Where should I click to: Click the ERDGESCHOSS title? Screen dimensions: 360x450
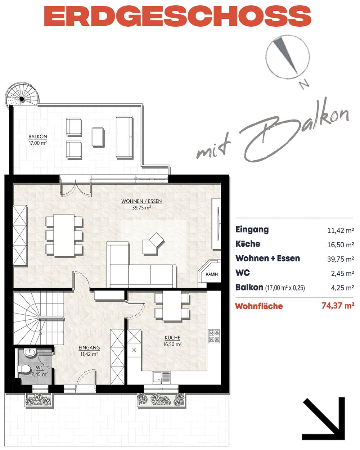pyautogui.click(x=177, y=16)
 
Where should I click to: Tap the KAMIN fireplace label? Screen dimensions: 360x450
pyautogui.click(x=212, y=274)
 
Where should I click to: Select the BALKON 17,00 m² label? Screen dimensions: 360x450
pyautogui.click(x=38, y=140)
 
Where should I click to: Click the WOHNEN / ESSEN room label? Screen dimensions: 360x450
pyautogui.click(x=141, y=201)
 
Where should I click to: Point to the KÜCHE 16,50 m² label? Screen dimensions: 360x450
pyautogui.click(x=172, y=341)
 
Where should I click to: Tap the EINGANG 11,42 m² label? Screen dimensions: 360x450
pyautogui.click(x=89, y=351)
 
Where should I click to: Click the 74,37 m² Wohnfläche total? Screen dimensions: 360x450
pyautogui.click(x=338, y=306)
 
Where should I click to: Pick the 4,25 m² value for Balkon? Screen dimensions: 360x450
pyautogui.click(x=342, y=288)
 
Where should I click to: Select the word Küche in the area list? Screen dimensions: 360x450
pyautogui.click(x=248, y=244)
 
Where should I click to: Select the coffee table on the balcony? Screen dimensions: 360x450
pyautogui.click(x=98, y=137)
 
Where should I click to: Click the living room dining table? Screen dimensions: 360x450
pyautogui.click(x=64, y=235)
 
